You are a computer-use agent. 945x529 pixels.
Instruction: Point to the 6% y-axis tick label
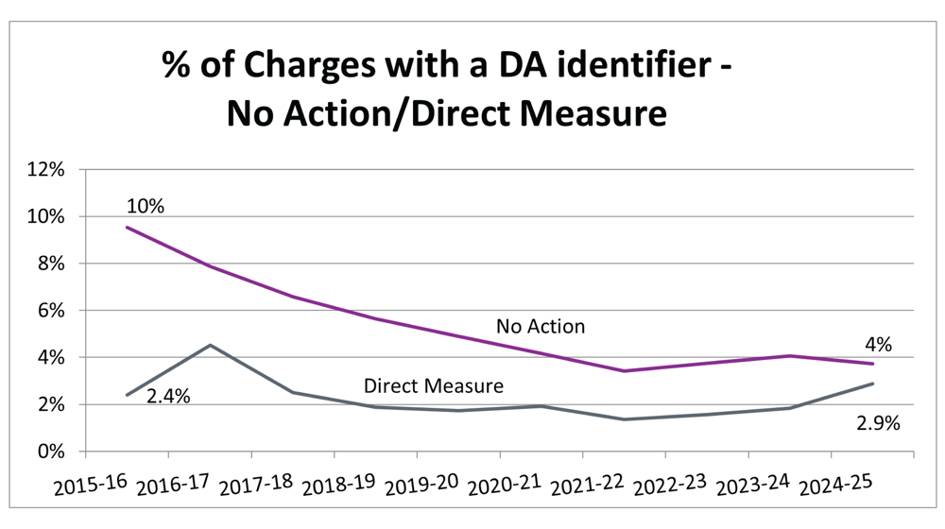(48, 311)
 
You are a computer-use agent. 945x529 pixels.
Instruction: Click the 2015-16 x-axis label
(91, 486)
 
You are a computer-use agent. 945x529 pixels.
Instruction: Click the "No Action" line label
(541, 327)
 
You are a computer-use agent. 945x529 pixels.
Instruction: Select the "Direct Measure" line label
(434, 385)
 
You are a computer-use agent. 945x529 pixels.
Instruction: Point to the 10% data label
(145, 205)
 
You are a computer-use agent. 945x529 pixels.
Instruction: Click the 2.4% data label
(168, 397)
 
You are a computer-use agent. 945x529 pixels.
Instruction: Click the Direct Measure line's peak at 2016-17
(210, 345)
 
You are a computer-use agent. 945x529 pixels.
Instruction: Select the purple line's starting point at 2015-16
(127, 227)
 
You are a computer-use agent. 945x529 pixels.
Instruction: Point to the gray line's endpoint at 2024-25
(872, 384)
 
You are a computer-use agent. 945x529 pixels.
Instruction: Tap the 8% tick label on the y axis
(48, 264)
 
